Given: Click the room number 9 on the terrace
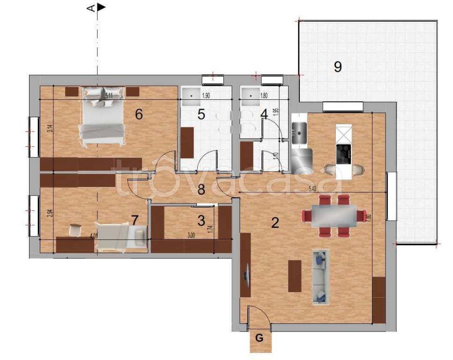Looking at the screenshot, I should pyautogui.click(x=337, y=67).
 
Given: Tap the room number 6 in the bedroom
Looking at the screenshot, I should pyautogui.click(x=139, y=114).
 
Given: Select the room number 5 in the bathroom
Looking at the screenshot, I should pyautogui.click(x=201, y=114).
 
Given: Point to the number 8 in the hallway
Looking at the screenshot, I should pyautogui.click(x=201, y=190).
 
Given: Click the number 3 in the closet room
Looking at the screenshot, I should pyautogui.click(x=201, y=220).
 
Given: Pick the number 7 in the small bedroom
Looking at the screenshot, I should pyautogui.click(x=135, y=220).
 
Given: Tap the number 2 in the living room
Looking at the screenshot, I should pyautogui.click(x=275, y=222).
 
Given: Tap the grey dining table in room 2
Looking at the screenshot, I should pyautogui.click(x=334, y=216).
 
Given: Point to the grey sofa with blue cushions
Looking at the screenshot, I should pyautogui.click(x=320, y=277).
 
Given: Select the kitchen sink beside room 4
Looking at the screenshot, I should pyautogui.click(x=298, y=133).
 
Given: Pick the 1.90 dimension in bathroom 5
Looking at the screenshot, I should pyautogui.click(x=206, y=96).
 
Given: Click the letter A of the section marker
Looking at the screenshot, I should pyautogui.click(x=92, y=7).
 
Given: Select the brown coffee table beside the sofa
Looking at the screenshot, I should pyautogui.click(x=295, y=276).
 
